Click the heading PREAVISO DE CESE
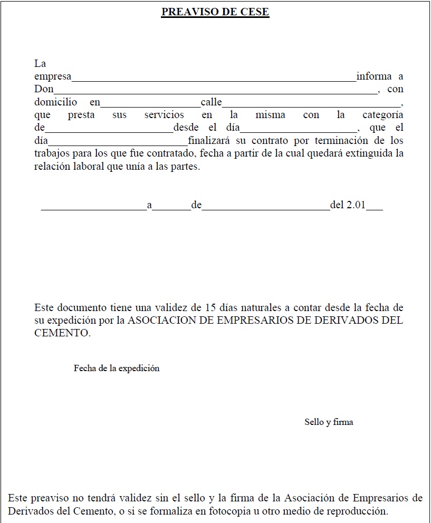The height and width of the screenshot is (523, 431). coord(215,12)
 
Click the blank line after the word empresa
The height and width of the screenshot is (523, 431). coord(214,79)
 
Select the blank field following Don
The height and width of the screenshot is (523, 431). coord(216,92)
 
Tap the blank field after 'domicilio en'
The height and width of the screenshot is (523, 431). coord(150,104)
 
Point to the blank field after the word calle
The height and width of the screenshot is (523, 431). coord(312,104)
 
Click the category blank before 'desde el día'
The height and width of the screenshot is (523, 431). coord(109,130)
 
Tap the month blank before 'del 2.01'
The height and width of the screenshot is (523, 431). coord(266,208)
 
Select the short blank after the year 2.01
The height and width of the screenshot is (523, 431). coord(375,208)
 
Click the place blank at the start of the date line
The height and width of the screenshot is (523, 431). coord(93,208)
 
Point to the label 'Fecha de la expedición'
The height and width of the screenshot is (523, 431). coord(117,369)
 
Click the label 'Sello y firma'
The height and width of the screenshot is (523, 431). coord(329,422)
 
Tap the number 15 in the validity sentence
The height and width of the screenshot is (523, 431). coord(204,307)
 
